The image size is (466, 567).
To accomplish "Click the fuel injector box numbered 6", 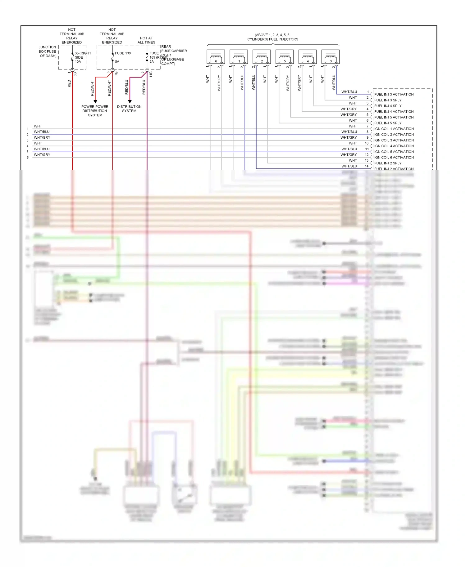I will click(x=216, y=57).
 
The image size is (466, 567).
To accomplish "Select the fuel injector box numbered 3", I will click(x=330, y=57).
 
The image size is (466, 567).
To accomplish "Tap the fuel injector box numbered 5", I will click(x=285, y=57).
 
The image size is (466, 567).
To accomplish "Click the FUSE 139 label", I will click(x=123, y=53).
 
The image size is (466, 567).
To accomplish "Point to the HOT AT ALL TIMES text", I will click(x=146, y=40).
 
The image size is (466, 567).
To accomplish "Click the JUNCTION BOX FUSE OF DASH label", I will click(x=48, y=51).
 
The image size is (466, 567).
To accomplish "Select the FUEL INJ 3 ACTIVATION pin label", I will click(x=394, y=95).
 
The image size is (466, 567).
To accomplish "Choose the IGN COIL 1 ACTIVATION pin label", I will click(x=394, y=129).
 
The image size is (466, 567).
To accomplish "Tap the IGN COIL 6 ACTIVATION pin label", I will click(x=394, y=158).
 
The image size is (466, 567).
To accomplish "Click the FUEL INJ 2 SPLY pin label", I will click(x=388, y=163).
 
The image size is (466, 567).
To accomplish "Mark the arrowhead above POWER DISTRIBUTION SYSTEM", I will click(x=95, y=101).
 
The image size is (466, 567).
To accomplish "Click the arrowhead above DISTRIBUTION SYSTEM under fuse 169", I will click(x=130, y=101).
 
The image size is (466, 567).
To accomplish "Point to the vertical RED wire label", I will click(x=69, y=83).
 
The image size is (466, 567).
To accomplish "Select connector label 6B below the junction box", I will click(x=75, y=74).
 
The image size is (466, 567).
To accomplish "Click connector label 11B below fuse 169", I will click(x=151, y=74).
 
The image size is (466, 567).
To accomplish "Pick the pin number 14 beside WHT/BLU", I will click(x=367, y=166).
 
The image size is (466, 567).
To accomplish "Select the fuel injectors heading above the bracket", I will click(x=272, y=37).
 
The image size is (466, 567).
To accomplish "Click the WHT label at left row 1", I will click(x=38, y=126).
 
